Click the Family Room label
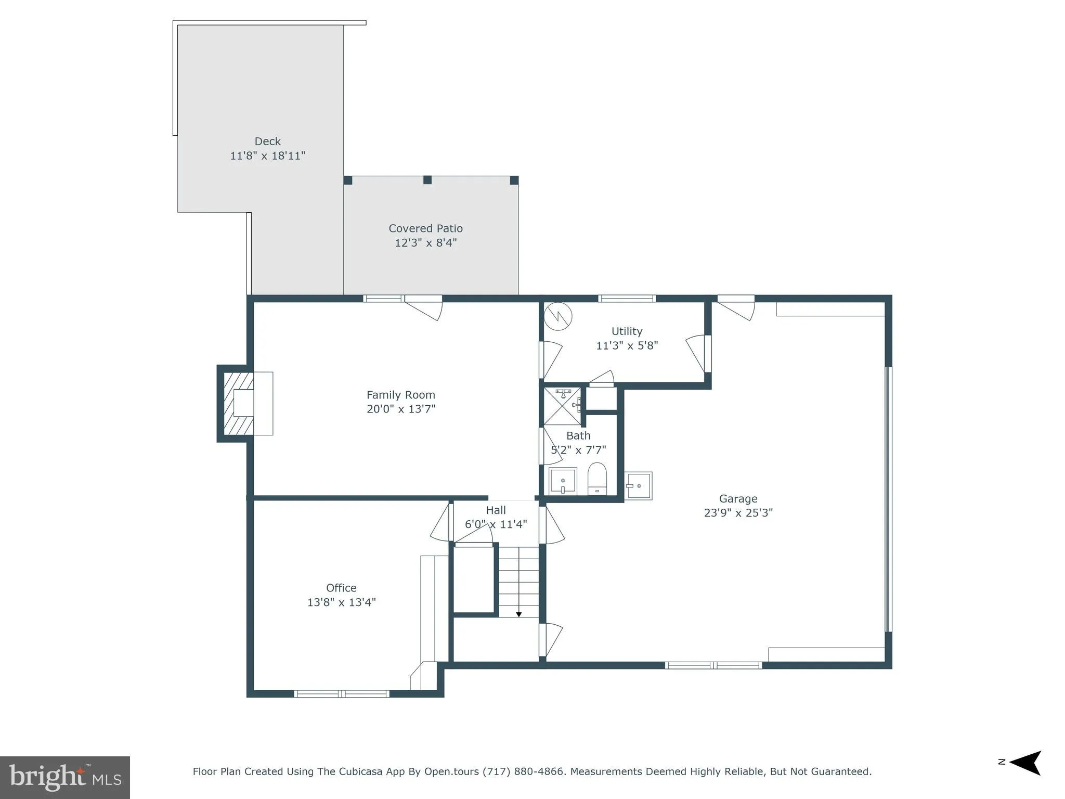click(x=400, y=395)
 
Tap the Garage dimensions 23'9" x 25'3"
click(x=738, y=513)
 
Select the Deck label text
click(x=267, y=141)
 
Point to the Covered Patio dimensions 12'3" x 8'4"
click(x=425, y=242)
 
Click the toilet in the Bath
click(x=597, y=479)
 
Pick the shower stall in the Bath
click(x=562, y=406)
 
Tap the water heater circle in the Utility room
click(x=558, y=316)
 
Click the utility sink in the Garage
click(x=638, y=486)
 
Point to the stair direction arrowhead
click(x=518, y=615)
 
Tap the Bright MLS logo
click(x=65, y=777)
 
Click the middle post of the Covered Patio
click(x=427, y=180)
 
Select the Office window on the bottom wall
click(x=341, y=693)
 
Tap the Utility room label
click(x=627, y=331)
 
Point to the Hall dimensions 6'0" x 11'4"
click(x=496, y=524)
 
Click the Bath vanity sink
click(x=563, y=481)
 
